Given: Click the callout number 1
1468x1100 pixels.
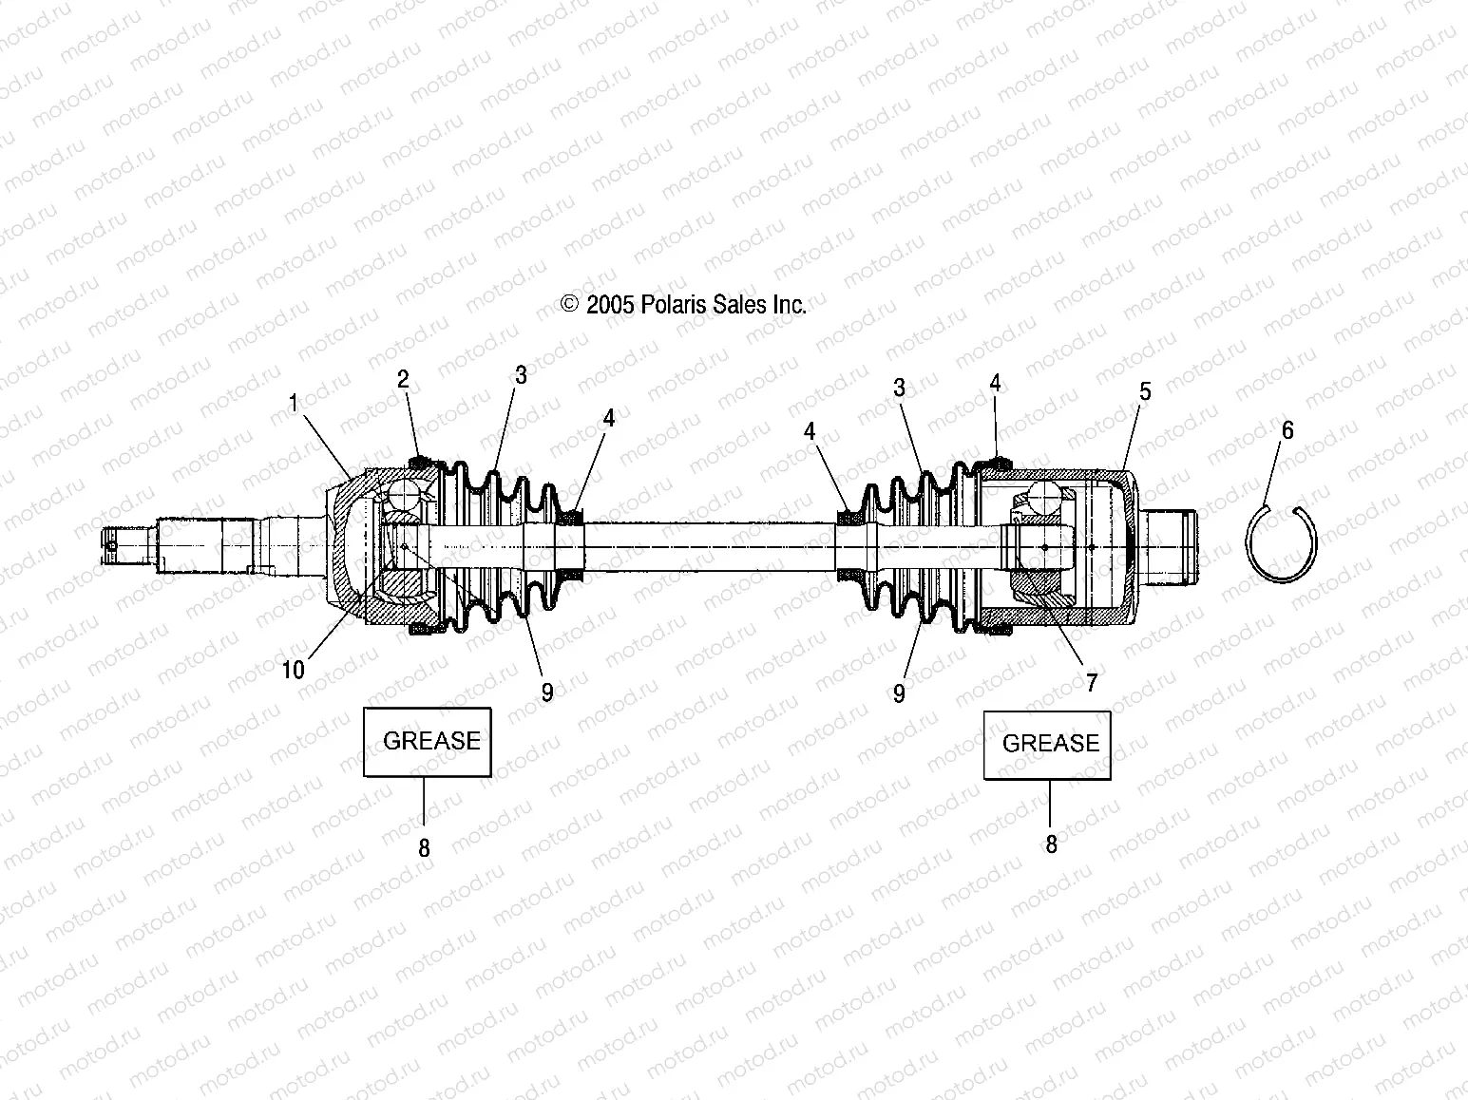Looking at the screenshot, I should click(x=295, y=404).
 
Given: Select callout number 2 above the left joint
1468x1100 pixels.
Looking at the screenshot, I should click(x=403, y=380).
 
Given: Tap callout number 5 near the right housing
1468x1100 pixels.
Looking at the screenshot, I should click(x=1145, y=391).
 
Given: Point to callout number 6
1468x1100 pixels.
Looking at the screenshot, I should click(x=1287, y=430).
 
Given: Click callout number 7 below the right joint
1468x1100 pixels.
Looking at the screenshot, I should click(x=1092, y=681).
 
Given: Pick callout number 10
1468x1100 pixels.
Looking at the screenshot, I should click(x=294, y=670).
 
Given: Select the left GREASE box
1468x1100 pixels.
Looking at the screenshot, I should click(x=428, y=742).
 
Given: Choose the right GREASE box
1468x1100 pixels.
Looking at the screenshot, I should click(x=1047, y=744).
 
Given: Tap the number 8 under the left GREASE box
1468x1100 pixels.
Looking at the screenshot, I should click(x=424, y=848).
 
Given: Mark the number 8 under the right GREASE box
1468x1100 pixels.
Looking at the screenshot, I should click(x=1051, y=844).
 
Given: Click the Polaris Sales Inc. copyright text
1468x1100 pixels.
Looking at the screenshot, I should click(x=684, y=305).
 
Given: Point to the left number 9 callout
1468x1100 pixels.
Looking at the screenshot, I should click(x=547, y=692).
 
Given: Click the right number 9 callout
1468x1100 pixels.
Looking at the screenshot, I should click(x=899, y=693).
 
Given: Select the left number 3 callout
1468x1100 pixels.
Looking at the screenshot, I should click(x=521, y=375).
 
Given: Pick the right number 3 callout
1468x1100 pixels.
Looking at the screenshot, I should click(x=899, y=388).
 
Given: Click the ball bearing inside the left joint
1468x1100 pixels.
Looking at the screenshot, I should click(x=406, y=498).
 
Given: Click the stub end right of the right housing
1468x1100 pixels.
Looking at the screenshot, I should click(x=1169, y=546).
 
